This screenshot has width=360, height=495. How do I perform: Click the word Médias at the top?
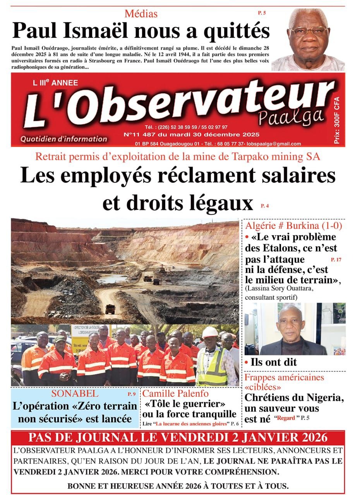(141, 14)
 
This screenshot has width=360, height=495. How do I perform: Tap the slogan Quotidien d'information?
(64, 139)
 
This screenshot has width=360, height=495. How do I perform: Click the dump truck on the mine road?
(110, 309)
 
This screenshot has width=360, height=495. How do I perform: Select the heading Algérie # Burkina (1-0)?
(293, 225)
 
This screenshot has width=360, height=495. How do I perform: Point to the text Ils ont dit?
(274, 362)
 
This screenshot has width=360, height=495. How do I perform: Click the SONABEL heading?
(75, 394)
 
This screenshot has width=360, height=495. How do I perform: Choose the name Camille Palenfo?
(175, 394)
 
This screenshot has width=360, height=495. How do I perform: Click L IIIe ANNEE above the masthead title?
(50, 83)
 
